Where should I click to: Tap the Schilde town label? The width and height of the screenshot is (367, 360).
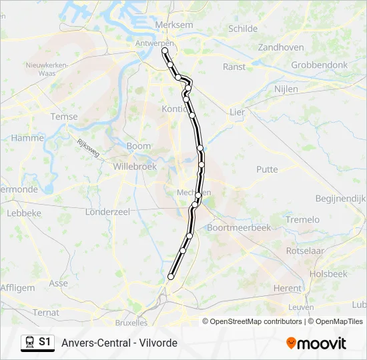pyautogui.click(x=242, y=29)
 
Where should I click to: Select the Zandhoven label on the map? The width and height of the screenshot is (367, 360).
pyautogui.click(x=281, y=47)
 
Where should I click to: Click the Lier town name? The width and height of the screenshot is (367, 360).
pyautogui.click(x=237, y=112)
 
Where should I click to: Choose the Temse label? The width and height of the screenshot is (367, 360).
pyautogui.click(x=64, y=117)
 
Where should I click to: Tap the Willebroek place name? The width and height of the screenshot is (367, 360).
pyautogui.click(x=135, y=166)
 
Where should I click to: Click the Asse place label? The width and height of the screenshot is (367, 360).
pyautogui.click(x=59, y=283)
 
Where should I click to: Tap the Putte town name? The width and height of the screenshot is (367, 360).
pyautogui.click(x=267, y=169)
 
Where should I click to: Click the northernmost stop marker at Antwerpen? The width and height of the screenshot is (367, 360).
pyautogui.click(x=165, y=50)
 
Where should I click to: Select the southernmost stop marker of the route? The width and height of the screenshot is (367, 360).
pyautogui.click(x=171, y=276)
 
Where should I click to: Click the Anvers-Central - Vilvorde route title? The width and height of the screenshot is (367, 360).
pyautogui.click(x=119, y=343)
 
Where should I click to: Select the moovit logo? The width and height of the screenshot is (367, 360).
pyautogui.click(x=316, y=343)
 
